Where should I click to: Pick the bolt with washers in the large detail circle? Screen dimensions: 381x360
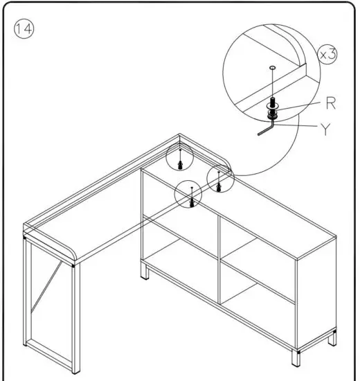click(273, 107)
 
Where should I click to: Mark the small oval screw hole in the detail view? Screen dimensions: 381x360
click(273, 68)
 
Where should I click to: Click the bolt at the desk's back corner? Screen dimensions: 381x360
click(180, 162)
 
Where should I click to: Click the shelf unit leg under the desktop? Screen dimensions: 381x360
click(145, 272)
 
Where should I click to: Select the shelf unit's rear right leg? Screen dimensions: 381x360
click(333, 340)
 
